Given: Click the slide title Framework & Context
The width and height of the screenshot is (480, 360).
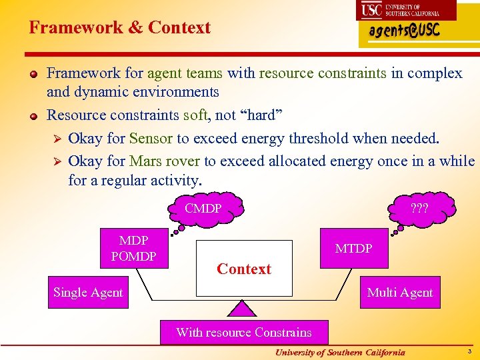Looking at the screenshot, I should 119,27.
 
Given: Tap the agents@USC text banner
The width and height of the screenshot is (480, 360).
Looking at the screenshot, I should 405,33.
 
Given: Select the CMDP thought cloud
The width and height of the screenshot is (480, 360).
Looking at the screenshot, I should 203,209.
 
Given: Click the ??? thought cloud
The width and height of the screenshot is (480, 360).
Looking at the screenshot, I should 419,208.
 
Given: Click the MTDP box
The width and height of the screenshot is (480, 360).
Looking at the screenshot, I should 353,249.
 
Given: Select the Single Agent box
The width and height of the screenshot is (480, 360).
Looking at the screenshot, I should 88,293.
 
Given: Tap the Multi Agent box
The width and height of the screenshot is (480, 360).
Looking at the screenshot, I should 400,293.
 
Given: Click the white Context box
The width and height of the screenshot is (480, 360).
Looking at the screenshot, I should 244,268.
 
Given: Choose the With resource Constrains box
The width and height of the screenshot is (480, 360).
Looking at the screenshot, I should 243,332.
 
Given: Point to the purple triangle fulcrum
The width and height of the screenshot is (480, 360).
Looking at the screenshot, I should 243,307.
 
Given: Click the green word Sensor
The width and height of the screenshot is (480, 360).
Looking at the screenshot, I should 151,139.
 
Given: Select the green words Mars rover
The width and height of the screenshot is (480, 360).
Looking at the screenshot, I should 165,161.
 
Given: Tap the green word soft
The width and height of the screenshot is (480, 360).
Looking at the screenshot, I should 195,115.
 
